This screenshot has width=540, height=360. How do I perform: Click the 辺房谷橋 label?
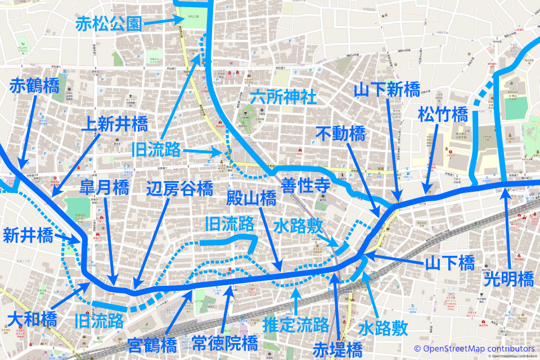pos(179,187)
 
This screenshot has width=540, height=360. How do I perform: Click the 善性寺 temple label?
pos(305,184)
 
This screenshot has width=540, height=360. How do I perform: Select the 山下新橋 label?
pos(387,89)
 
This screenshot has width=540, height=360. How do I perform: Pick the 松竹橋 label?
pos(443,115)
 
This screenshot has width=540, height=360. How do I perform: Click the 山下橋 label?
pos(449,262)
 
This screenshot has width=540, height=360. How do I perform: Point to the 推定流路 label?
pos(296,325)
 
